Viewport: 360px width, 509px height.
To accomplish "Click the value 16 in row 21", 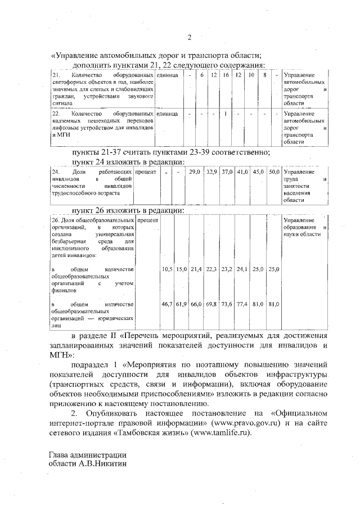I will (226, 75).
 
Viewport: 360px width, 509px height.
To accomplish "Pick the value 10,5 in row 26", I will (167, 270).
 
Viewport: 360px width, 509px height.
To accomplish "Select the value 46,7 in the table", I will (167, 304).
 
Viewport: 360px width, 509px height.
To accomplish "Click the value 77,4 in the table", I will (242, 304).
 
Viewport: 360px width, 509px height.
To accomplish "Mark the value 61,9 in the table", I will (181, 304).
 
